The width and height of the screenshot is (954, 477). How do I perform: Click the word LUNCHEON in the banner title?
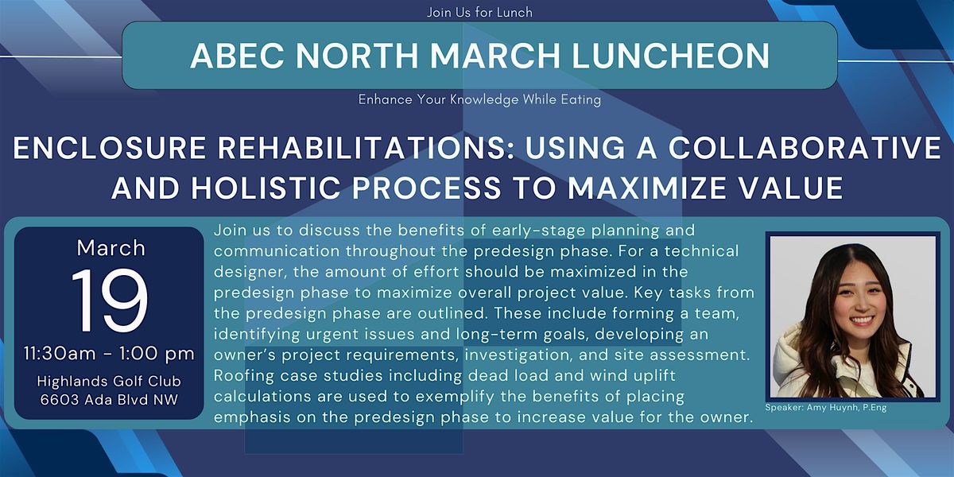(x=670, y=56)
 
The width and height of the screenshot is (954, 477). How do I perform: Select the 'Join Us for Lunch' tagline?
(x=479, y=13)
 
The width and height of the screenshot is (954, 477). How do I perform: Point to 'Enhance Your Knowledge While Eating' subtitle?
(x=479, y=99)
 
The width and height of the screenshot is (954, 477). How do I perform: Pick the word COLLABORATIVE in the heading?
(x=805, y=148)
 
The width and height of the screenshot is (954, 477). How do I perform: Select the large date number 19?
(x=110, y=301)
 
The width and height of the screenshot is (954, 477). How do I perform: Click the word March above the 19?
(x=111, y=248)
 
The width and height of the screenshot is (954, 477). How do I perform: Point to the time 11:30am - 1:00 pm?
(x=109, y=354)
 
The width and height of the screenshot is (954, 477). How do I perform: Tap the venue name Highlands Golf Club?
(x=109, y=381)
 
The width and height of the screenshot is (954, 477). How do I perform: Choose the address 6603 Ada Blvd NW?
(x=109, y=399)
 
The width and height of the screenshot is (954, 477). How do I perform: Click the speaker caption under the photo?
(x=826, y=408)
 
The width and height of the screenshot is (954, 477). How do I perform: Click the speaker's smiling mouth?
(x=861, y=320)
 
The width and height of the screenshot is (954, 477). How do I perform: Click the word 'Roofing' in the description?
(x=243, y=376)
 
